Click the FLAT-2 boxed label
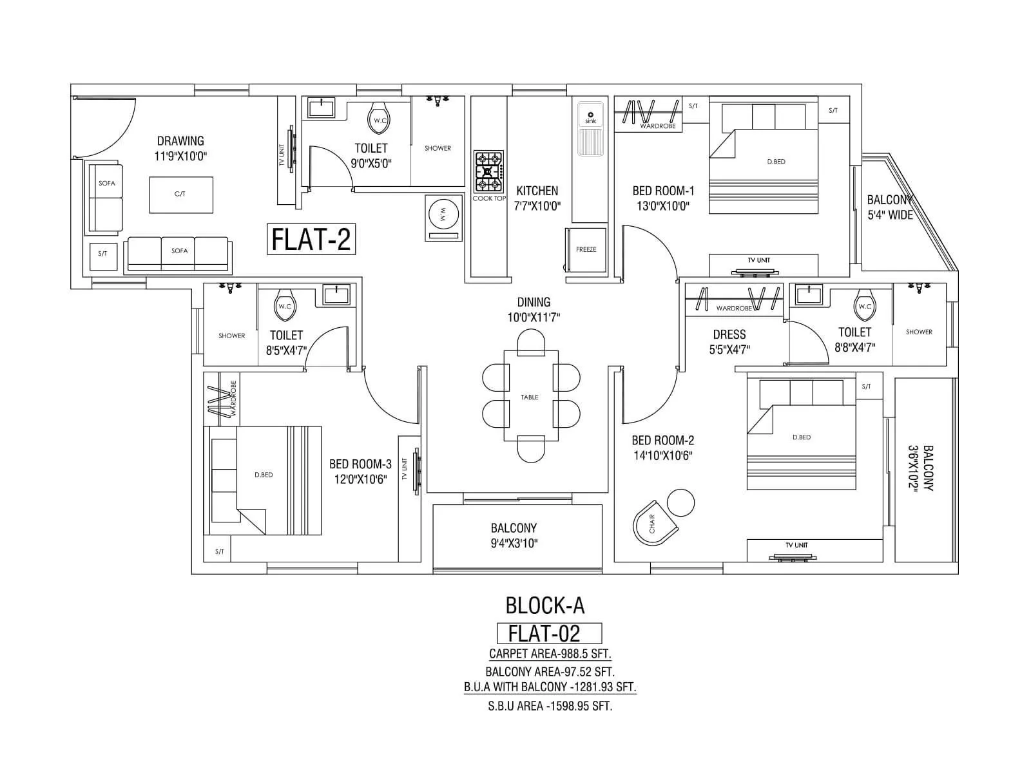[311, 239]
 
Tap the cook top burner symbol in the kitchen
[488, 172]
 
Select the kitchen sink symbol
[590, 129]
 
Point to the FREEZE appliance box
[586, 249]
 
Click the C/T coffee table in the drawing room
[180, 195]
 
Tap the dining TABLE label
[530, 397]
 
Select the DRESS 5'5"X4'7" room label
[729, 342]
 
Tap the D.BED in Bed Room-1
[776, 162]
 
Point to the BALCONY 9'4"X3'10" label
[514, 535]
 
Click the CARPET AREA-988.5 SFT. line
[550, 654]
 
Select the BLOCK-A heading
[545, 606]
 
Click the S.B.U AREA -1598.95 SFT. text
[550, 706]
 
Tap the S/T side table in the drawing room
[102, 254]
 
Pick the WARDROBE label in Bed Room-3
[233, 398]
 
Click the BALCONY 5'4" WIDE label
[890, 207]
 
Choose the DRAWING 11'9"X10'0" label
[180, 148]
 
